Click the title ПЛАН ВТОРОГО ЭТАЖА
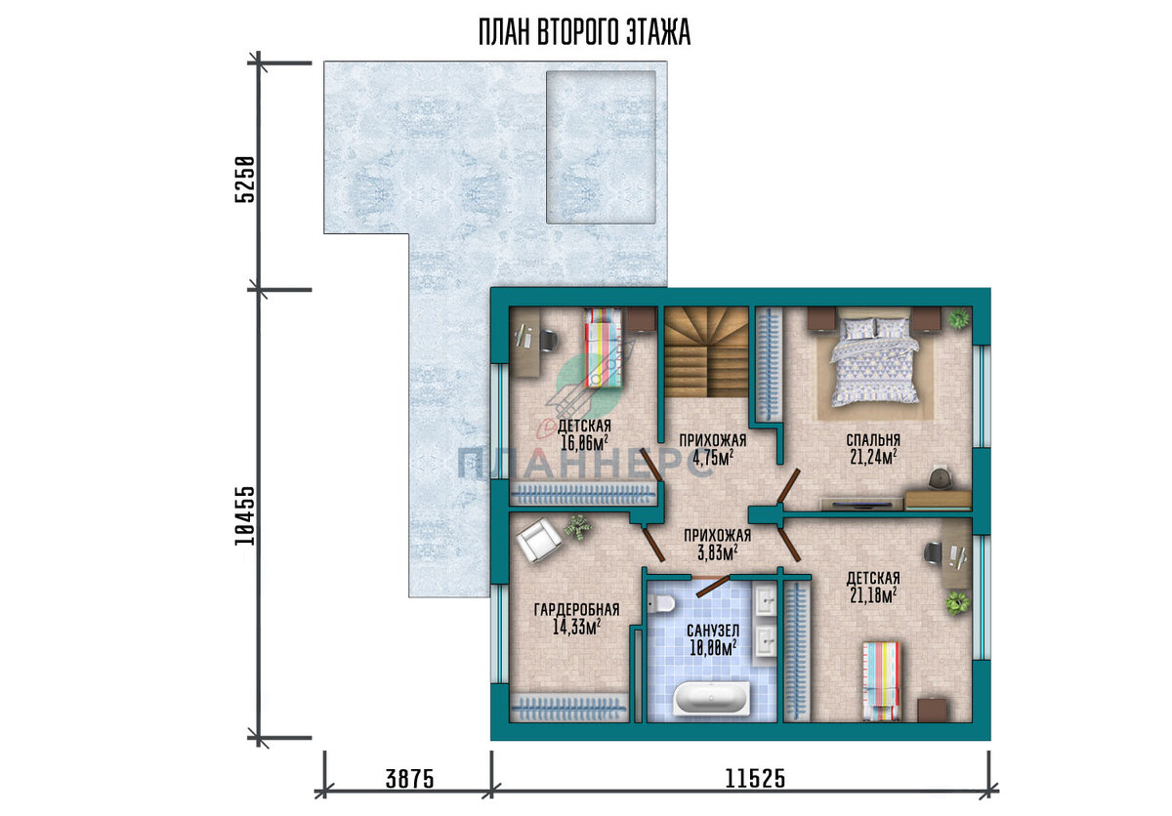point(584,32)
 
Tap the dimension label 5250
point(245,179)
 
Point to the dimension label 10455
point(245,516)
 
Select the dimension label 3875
point(409,780)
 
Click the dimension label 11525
point(755,779)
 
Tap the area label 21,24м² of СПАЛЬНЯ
point(873,458)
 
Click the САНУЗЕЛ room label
point(713,631)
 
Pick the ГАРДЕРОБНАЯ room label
point(576,609)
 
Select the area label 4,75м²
point(713,458)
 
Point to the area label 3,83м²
point(718,552)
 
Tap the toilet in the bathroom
point(661,604)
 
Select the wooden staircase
point(706,352)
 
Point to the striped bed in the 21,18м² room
point(882,681)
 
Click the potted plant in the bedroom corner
point(958,318)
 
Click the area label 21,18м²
point(873,595)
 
